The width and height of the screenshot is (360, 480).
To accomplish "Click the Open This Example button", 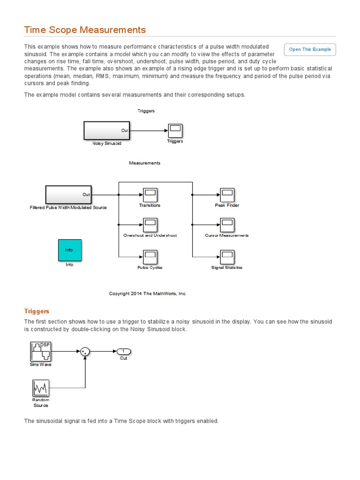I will pyautogui.click(x=310, y=49).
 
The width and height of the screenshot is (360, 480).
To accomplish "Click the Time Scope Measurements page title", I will pyautogui.click(x=85, y=30).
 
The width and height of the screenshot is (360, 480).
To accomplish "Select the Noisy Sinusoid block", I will pyautogui.click(x=107, y=130).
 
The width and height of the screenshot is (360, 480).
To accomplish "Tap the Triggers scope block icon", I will pyautogui.click(x=175, y=130).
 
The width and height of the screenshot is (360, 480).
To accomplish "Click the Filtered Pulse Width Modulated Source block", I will pyautogui.click(x=68, y=195).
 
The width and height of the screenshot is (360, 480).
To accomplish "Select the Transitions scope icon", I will pyautogui.click(x=150, y=195).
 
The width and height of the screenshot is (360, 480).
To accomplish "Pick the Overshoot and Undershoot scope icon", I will pyautogui.click(x=150, y=225).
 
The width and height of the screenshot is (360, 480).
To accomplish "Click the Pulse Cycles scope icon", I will pyautogui.click(x=150, y=256).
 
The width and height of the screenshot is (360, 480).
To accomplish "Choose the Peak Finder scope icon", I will pyautogui.click(x=227, y=195).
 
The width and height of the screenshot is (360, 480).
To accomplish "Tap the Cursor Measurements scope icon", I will pyautogui.click(x=227, y=225).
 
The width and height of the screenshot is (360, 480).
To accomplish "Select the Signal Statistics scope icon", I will pyautogui.click(x=227, y=256).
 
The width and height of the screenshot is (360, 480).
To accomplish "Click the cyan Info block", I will pyautogui.click(x=69, y=250).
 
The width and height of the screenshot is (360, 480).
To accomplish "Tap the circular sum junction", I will pyautogui.click(x=85, y=352).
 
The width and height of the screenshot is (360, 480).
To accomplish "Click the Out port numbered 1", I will pyautogui.click(x=124, y=352).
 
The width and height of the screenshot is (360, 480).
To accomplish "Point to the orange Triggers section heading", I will pyautogui.click(x=37, y=311).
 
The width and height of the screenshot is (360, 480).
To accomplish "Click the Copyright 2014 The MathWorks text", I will pyautogui.click(x=148, y=293).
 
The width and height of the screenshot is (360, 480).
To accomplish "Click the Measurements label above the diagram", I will pyautogui.click(x=144, y=163).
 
